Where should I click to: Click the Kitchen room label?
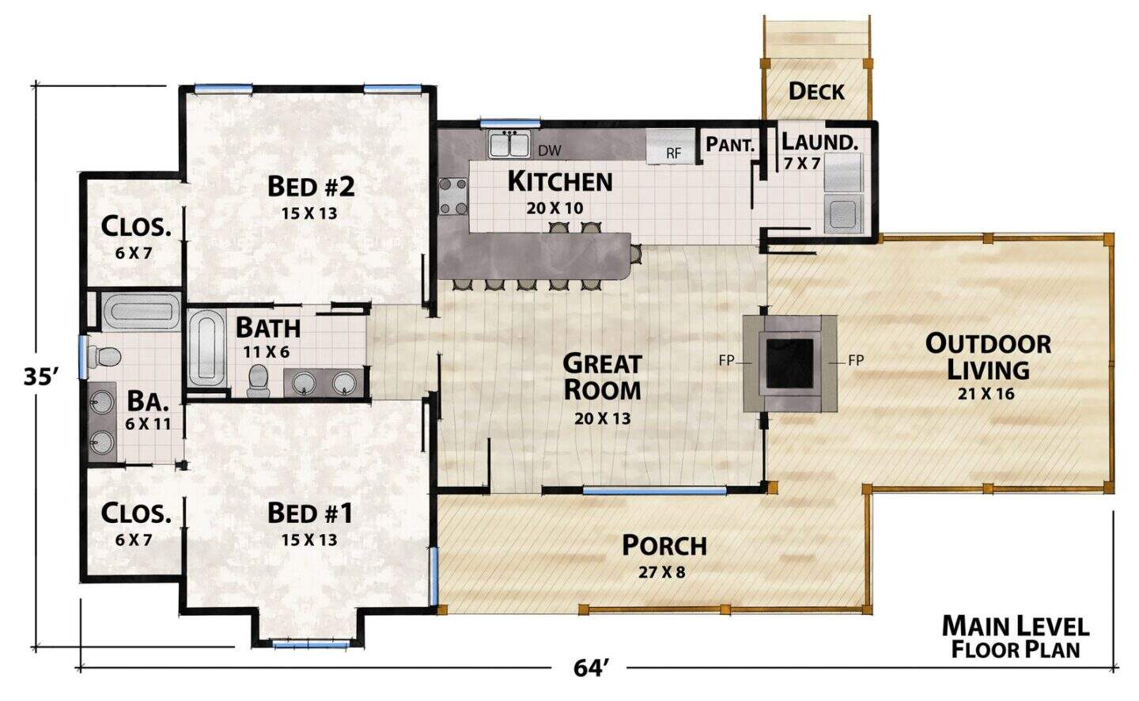tap(560, 182)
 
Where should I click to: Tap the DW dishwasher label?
tap(549, 150)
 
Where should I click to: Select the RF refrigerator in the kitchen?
tap(670, 146)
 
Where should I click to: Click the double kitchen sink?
tap(509, 143)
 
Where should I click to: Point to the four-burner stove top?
tap(453, 196)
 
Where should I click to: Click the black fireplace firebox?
tap(789, 363)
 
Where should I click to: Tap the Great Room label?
tap(602, 377)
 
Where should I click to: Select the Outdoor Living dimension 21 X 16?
tap(986, 394)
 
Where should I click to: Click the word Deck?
tap(816, 92)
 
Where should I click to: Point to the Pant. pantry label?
tap(730, 145)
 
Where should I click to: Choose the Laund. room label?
tap(819, 142)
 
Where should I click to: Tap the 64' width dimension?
tap(591, 668)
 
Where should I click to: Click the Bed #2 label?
tap(311, 186)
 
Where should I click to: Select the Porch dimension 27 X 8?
tap(661, 572)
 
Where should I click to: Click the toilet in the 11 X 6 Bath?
tap(258, 381)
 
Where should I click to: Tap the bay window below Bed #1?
tap(311, 644)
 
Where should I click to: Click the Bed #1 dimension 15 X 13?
tap(309, 540)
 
